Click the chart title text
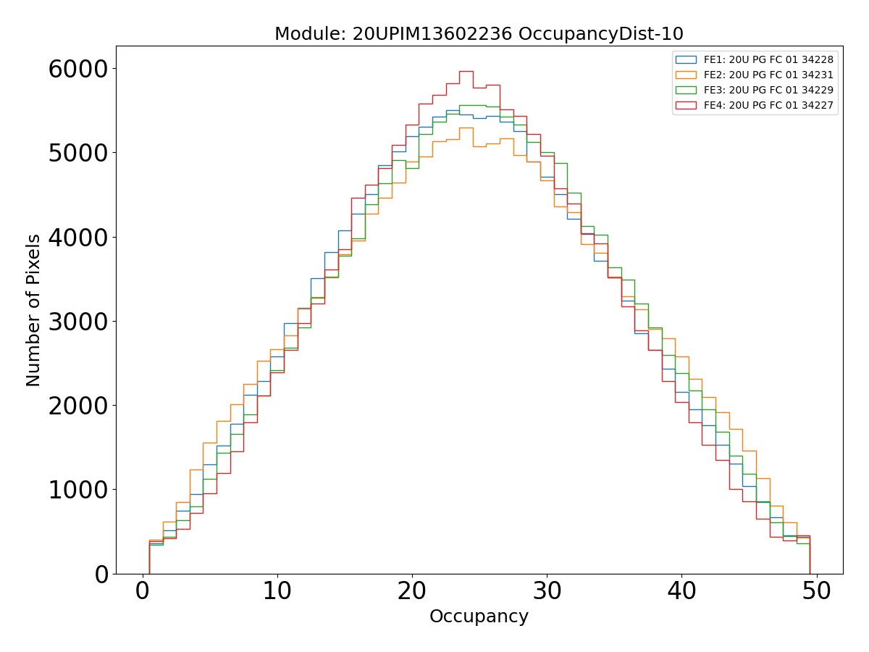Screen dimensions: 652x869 tap(479, 34)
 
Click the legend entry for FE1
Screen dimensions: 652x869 tap(768, 59)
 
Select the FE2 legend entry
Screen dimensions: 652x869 tap(768, 75)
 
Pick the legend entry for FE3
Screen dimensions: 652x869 tap(768, 90)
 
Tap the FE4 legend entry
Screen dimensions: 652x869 tap(768, 105)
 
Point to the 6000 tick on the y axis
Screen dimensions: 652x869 tap(77, 69)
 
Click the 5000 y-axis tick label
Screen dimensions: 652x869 tap(77, 153)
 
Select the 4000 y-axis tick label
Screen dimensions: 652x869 tap(77, 237)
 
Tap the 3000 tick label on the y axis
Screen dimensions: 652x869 tap(77, 321)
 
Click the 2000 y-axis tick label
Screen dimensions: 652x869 tap(77, 405)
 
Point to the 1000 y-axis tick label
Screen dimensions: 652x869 tap(77, 490)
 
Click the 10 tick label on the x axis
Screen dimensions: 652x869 tap(277, 591)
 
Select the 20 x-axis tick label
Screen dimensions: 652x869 tap(412, 591)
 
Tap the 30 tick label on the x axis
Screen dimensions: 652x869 tap(547, 591)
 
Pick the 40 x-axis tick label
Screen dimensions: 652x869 tap(681, 591)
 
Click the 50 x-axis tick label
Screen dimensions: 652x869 tap(816, 591)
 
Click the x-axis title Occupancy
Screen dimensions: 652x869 tap(479, 617)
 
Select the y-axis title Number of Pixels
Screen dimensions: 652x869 tap(34, 310)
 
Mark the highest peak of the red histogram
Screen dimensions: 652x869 tap(466, 71)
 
